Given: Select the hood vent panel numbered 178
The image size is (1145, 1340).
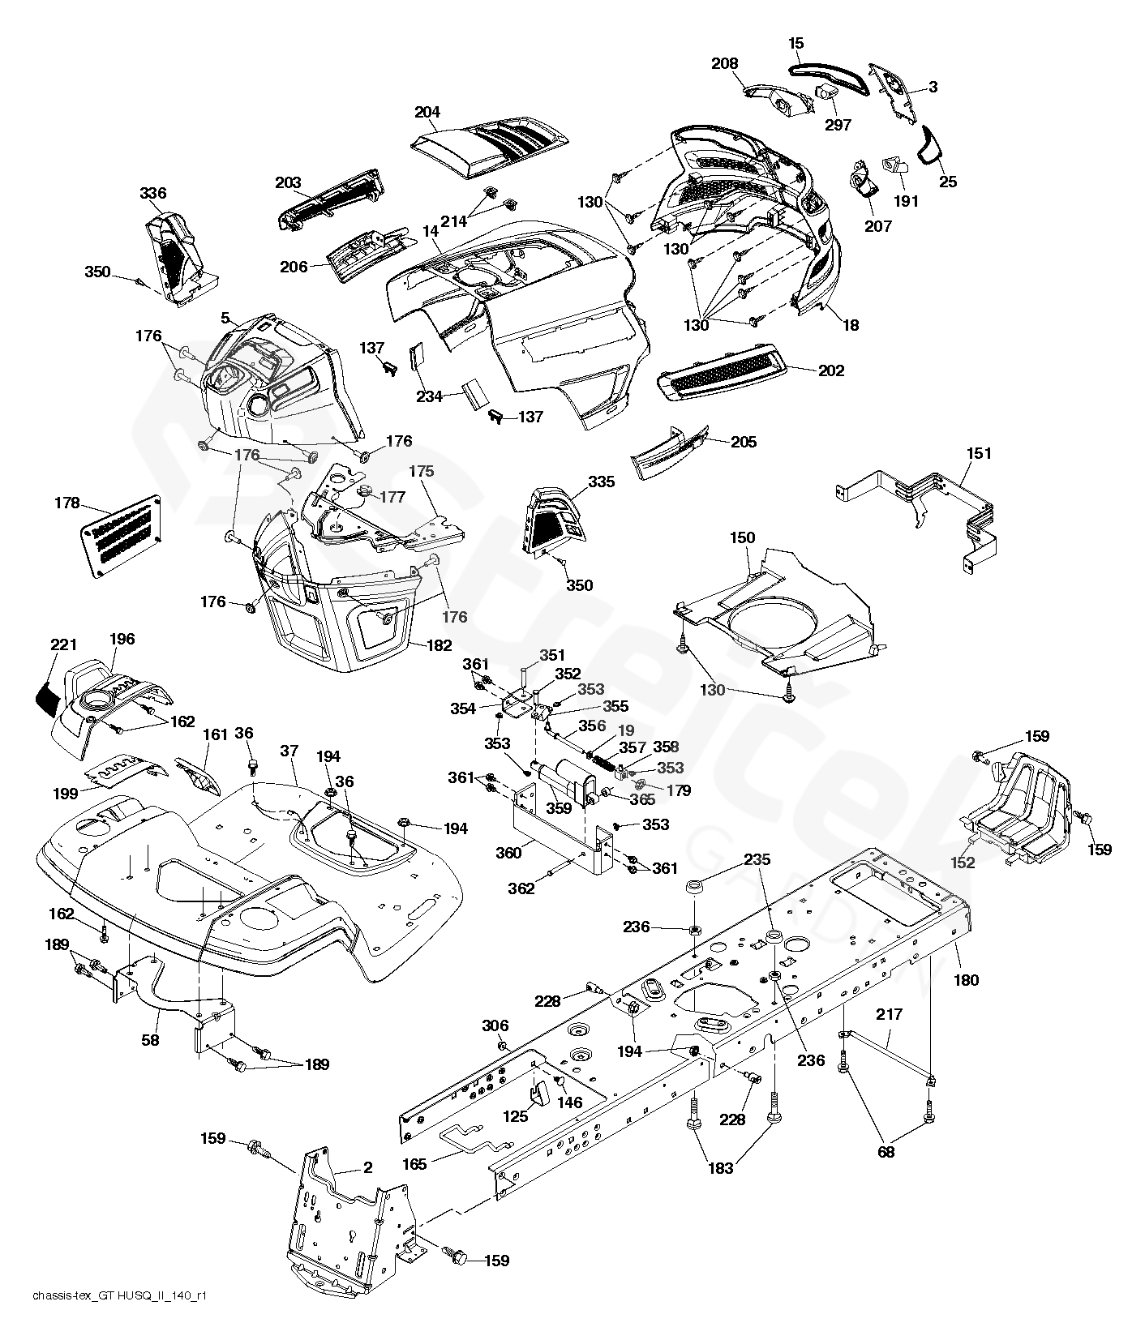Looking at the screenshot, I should tap(122, 536).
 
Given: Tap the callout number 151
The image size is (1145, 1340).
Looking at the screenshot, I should tap(979, 454).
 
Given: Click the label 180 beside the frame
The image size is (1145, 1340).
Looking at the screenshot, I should tap(967, 980).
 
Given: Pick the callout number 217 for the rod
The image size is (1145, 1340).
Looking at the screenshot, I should tap(889, 1014).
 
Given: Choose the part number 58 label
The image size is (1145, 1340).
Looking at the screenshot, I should tap(149, 1039).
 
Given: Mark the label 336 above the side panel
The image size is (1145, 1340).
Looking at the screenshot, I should tap(152, 193).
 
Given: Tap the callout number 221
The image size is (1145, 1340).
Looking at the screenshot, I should tap(63, 645).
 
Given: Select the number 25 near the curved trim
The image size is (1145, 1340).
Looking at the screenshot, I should tap(947, 182).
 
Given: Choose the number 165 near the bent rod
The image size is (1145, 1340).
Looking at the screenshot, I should tap(414, 1165).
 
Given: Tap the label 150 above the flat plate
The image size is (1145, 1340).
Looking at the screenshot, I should tap(742, 537).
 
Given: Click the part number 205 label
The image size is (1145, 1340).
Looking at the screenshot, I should tap(743, 442).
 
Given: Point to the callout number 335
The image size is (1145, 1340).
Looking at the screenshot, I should tap(602, 482).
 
